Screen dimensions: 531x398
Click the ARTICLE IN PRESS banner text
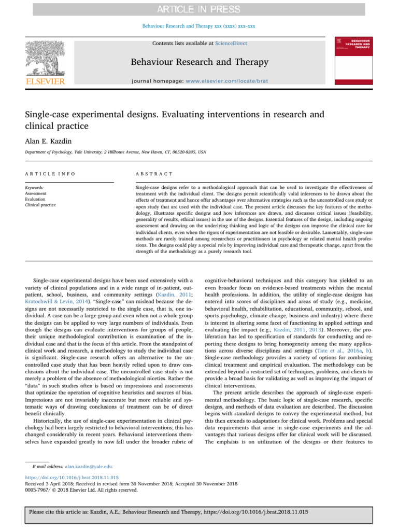[x=199, y=9]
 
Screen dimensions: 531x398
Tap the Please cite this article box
[x=199, y=511]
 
